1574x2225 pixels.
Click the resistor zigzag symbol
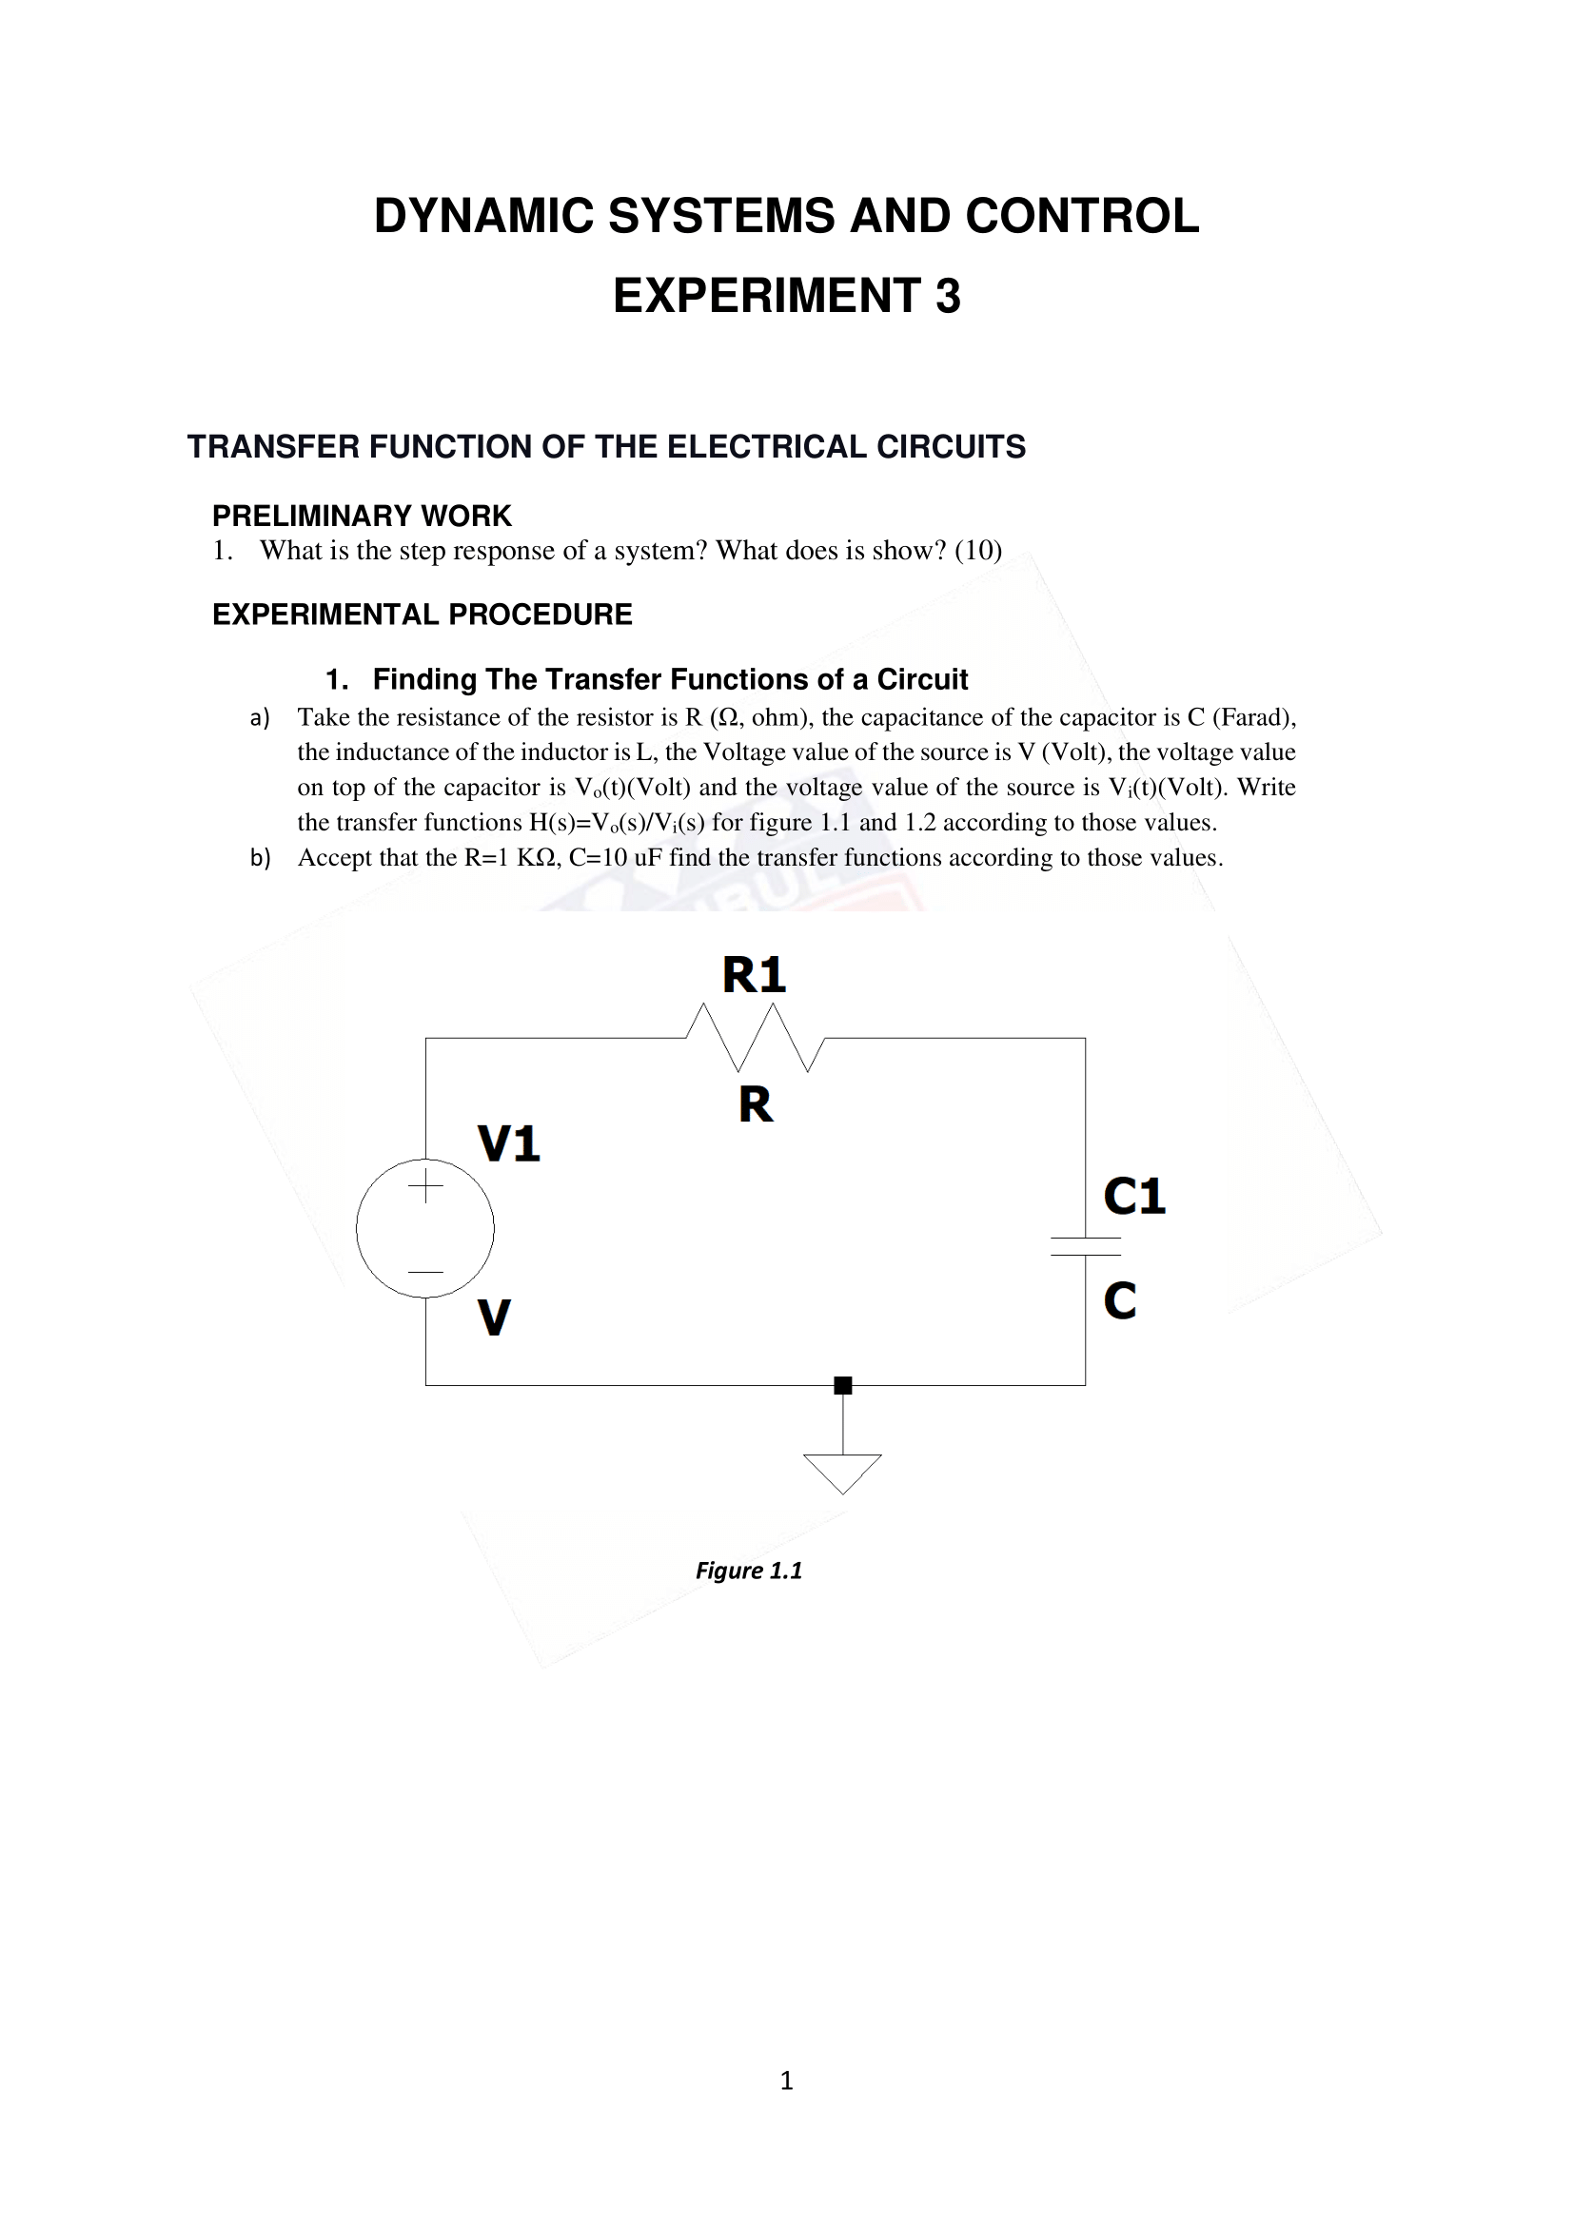tap(755, 1038)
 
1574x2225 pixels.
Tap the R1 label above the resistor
tap(754, 975)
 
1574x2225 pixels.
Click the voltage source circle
tap(425, 1228)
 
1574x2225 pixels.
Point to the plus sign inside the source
tap(425, 1185)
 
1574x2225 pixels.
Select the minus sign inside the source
tap(425, 1272)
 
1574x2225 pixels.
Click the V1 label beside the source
tap(509, 1144)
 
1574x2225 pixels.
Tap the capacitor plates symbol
tap(1086, 1246)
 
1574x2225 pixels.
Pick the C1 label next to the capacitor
tap(1134, 1197)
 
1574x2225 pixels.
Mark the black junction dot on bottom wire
tap(843, 1386)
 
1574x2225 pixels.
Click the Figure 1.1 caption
tap(749, 1571)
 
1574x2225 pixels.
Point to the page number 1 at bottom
tap(787, 2081)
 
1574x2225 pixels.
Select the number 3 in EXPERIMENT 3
tap(948, 297)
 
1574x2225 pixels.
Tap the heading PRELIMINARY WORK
tap(362, 516)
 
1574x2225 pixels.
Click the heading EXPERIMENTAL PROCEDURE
tap(422, 615)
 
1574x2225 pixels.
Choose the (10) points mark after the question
tap(978, 551)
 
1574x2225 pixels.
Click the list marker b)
tap(260, 859)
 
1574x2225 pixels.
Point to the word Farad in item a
tap(1249, 718)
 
